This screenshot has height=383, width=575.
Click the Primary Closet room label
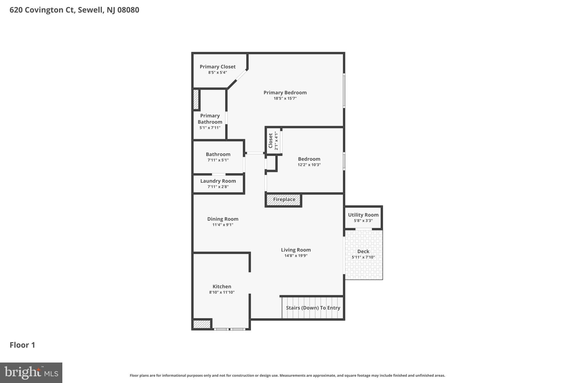point(218,67)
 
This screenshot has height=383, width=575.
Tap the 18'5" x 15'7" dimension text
point(285,98)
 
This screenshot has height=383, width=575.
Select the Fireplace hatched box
point(284,200)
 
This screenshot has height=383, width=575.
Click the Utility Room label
point(363,215)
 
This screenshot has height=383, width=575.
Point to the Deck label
point(363,251)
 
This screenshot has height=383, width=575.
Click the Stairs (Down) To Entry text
point(313,308)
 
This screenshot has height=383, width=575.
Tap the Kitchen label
point(222,286)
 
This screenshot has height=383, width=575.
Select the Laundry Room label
point(218,181)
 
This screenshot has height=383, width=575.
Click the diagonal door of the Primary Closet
point(241,75)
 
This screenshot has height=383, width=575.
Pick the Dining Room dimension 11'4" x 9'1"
point(223,225)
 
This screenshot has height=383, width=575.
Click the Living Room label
point(296,250)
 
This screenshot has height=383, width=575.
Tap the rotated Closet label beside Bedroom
point(271,141)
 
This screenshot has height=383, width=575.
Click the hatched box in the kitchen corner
point(202,324)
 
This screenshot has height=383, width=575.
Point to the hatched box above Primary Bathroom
point(196,99)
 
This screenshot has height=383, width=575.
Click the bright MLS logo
point(31,373)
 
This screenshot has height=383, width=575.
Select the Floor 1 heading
point(22,345)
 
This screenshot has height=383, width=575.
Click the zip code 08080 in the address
point(128,10)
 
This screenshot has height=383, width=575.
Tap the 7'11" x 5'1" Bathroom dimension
point(218,160)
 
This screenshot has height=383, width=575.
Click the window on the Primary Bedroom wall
point(344,91)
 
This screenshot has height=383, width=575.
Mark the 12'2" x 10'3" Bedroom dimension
point(309,165)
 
